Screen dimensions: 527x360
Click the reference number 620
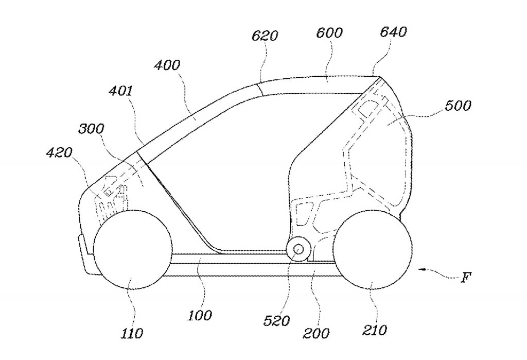265,36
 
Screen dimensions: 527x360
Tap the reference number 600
329,32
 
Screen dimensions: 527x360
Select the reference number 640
393,31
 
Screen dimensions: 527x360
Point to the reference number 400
167,64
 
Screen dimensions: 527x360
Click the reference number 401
120,91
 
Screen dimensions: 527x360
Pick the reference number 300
91,129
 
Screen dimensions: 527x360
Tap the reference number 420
59,153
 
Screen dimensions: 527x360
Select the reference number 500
458,106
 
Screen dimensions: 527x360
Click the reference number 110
132,333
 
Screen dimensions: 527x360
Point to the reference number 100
199,315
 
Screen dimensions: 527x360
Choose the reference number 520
276,321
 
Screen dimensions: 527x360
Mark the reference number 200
317,333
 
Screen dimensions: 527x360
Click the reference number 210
375,330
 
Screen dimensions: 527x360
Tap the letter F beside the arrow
465,278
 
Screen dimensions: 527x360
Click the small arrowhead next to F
422,269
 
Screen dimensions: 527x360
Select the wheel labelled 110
133,250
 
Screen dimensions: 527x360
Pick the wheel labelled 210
372,249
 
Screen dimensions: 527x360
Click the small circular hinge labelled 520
298,249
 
